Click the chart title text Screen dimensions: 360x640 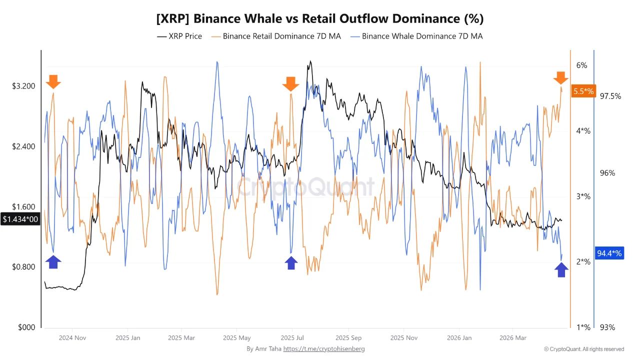(320, 19)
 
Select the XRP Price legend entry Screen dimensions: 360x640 (179, 36)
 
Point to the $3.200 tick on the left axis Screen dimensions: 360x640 (23, 86)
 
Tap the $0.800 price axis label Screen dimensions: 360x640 (23, 266)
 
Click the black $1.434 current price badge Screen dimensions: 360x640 (20, 219)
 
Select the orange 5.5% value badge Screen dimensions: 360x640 (583, 91)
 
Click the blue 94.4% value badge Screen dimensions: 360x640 (609, 253)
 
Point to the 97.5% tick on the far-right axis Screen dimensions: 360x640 (610, 96)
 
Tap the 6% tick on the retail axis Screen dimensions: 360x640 (581, 65)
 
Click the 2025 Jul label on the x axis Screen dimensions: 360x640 (293, 337)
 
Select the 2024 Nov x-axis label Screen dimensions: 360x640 (73, 337)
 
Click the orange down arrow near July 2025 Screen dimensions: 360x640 (290, 84)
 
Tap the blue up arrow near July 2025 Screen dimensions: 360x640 (291, 262)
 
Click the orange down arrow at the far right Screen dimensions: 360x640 (561, 78)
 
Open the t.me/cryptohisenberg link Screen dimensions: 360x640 (324, 348)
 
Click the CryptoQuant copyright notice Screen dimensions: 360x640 (584, 349)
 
